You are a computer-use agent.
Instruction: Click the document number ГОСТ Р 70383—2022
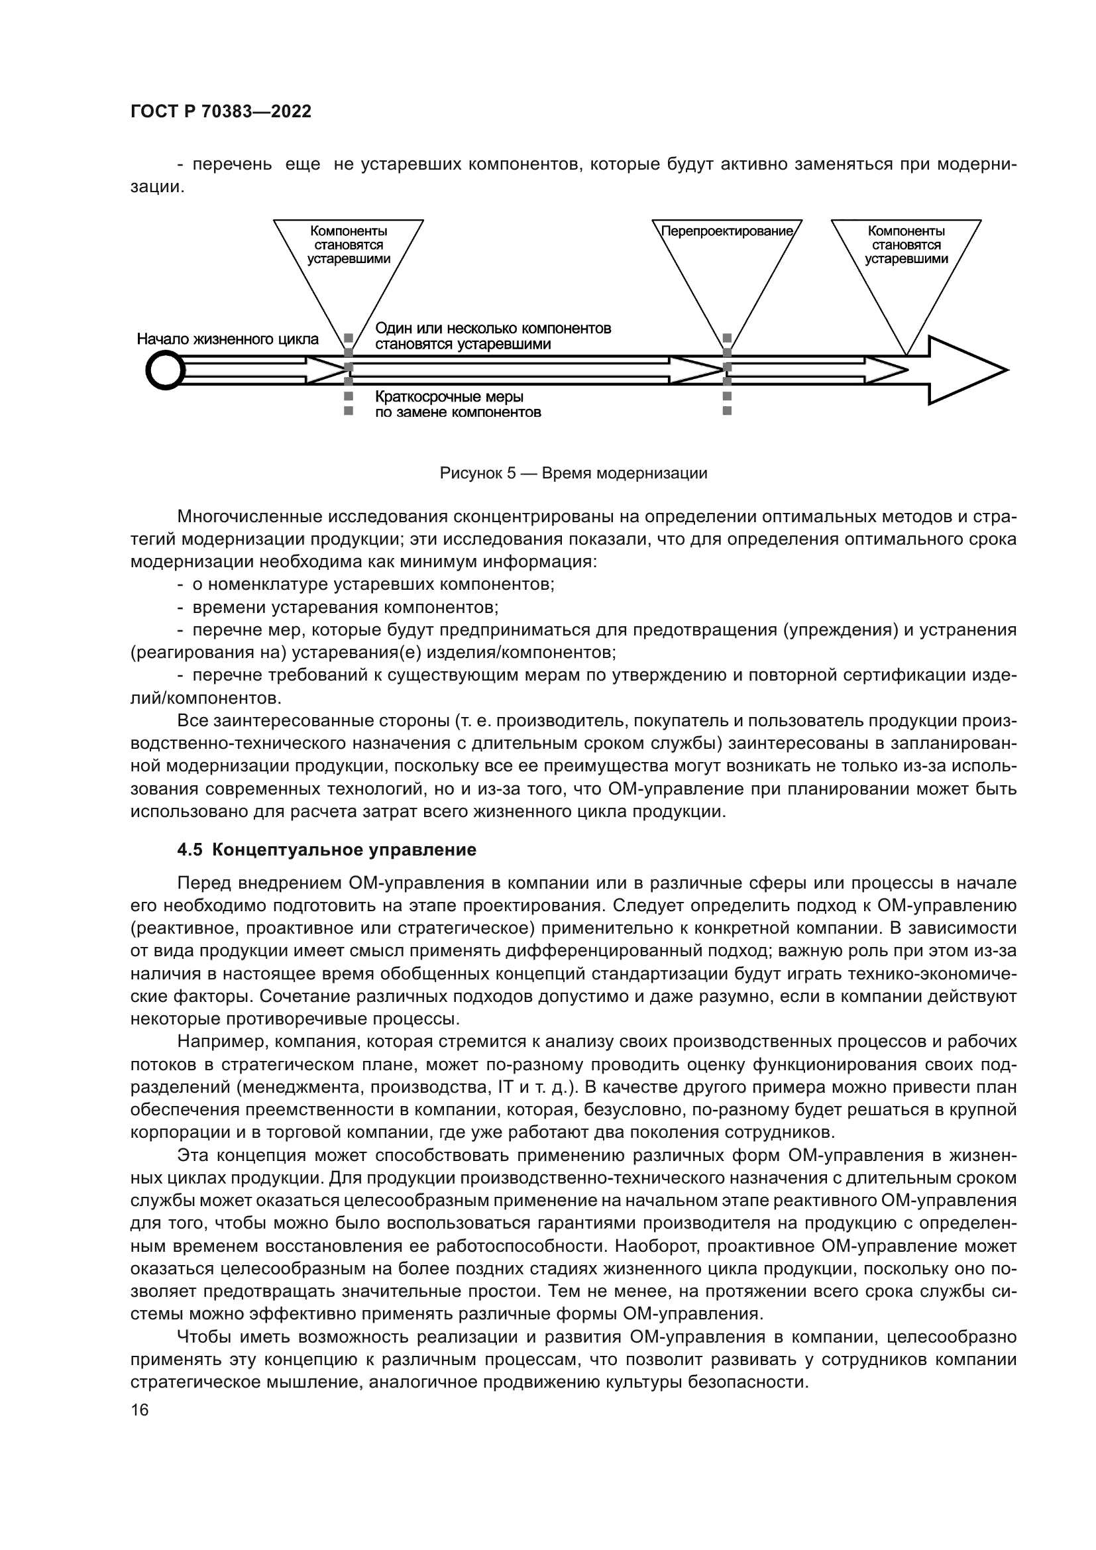221,112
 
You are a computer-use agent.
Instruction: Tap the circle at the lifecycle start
166,370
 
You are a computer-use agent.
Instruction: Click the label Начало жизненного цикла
227,339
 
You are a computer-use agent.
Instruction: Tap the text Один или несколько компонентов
492,329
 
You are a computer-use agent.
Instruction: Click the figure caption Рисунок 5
573,473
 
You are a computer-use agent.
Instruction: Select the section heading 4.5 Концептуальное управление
327,850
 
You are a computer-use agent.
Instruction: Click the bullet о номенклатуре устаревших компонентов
373,584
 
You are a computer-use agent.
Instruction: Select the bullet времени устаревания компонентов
345,608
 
